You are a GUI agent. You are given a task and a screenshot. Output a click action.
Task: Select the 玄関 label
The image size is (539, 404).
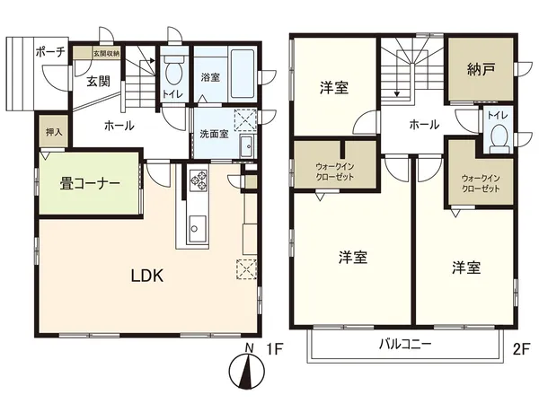point(98,83)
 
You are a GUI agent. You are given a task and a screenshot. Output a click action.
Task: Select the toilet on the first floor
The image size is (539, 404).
point(172,71)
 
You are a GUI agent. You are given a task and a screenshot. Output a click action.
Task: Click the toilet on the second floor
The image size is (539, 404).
point(499,139)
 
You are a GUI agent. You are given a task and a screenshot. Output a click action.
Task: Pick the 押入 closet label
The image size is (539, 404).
point(54,132)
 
